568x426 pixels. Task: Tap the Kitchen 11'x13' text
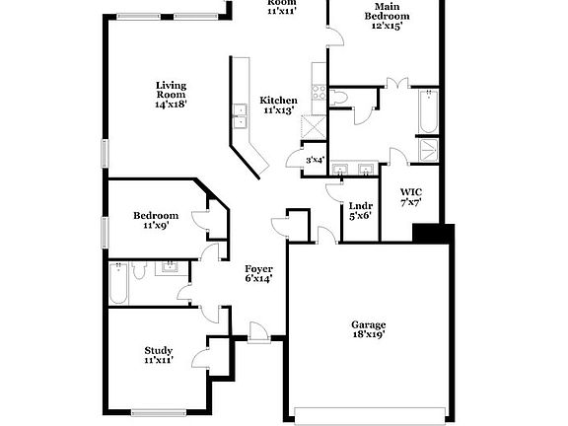click(279, 106)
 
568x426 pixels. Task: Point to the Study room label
click(159, 355)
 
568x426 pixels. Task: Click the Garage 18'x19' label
click(369, 329)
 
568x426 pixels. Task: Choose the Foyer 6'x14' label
click(258, 273)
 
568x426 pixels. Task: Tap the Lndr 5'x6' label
click(359, 211)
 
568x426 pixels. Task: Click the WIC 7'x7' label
click(411, 196)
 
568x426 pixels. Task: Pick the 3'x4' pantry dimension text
click(315, 160)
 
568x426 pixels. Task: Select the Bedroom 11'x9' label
click(156, 220)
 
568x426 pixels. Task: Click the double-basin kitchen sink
click(240, 116)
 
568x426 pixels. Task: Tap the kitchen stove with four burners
click(319, 94)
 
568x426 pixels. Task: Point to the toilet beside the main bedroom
click(339, 97)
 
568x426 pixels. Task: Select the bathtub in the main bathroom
click(428, 111)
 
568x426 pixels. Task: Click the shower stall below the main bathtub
click(430, 149)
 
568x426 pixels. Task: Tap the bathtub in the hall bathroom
click(118, 284)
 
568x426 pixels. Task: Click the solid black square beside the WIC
click(432, 234)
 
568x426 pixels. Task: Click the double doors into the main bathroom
click(398, 86)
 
